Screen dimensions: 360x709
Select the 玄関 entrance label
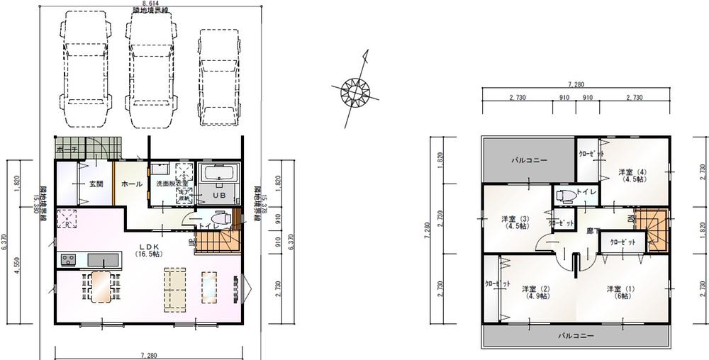[x=96, y=184]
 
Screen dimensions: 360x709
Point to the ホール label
[x=132, y=184]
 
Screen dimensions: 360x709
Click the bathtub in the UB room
[x=221, y=174]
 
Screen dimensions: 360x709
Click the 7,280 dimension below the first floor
[x=148, y=354]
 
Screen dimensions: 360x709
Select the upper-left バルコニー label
[x=530, y=161]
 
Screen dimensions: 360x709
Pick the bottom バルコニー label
[x=575, y=334]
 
